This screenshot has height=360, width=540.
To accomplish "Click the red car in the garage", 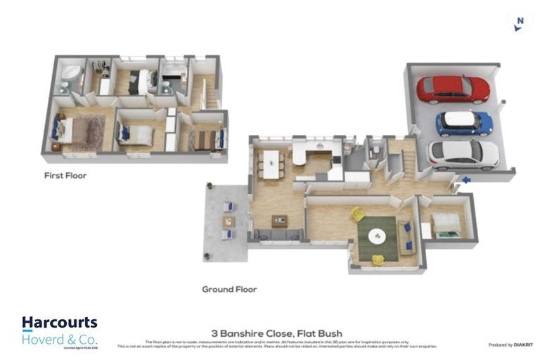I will (x=453, y=89).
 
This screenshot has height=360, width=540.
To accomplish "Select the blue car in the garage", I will (x=464, y=124).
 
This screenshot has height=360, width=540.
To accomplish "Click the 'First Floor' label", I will (x=65, y=175).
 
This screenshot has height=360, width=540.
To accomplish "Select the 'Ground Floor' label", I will (x=229, y=289).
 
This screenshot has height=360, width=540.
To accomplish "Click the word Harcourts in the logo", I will (x=59, y=323).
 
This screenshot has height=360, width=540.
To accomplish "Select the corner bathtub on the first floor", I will (x=70, y=75).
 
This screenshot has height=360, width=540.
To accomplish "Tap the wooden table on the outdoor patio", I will (x=229, y=221).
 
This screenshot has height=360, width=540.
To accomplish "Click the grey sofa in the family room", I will (x=278, y=234).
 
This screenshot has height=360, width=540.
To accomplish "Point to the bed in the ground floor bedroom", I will (x=447, y=224).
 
